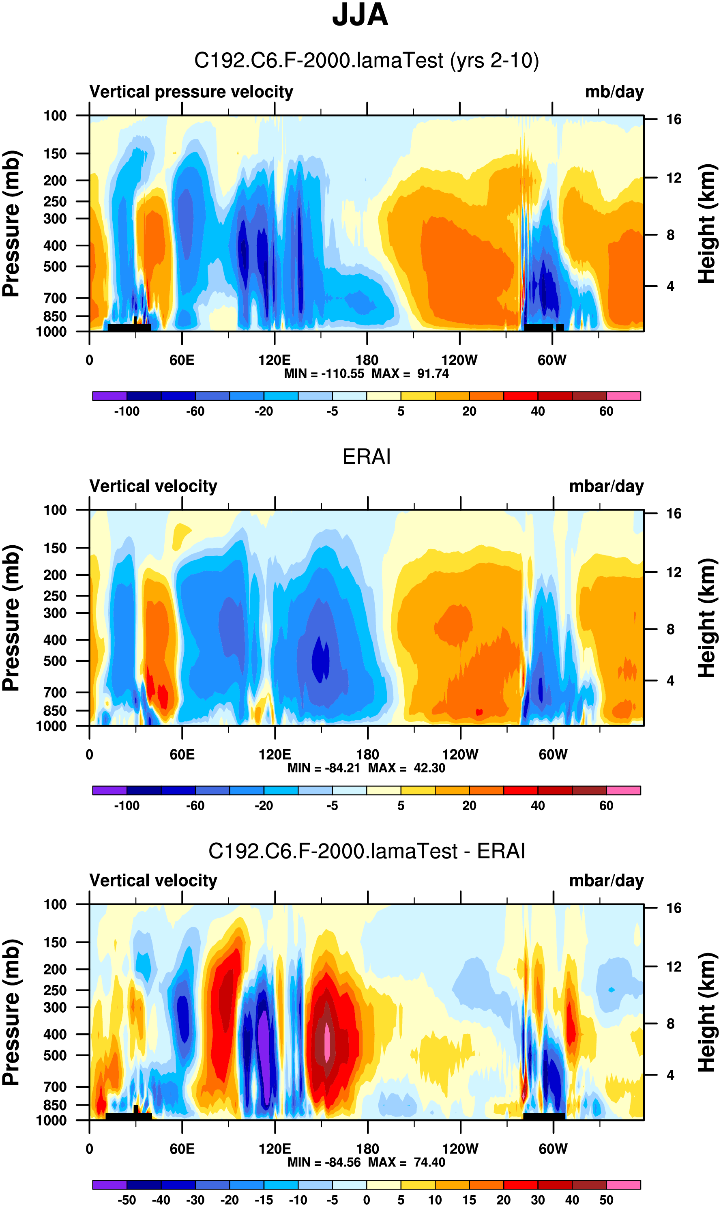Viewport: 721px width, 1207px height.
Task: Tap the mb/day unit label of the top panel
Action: [614, 92]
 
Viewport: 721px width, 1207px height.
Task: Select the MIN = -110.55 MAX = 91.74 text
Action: [366, 374]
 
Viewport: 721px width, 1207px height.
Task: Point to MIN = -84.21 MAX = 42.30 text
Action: [366, 768]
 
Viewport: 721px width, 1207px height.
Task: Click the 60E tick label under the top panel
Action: [182, 360]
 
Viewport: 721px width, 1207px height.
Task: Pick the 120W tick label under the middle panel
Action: [459, 755]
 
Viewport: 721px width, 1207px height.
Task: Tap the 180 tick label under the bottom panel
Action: [367, 1149]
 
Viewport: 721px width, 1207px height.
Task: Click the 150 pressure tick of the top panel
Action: [55, 154]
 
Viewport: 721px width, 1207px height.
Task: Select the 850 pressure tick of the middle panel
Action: [55, 711]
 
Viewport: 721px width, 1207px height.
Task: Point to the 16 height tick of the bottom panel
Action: [674, 908]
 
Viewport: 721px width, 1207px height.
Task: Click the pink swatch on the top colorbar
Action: [623, 396]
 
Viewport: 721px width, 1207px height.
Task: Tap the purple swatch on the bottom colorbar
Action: [109, 1185]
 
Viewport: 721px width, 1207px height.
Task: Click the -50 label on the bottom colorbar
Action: [127, 1200]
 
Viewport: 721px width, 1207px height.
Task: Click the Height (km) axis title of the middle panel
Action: [707, 618]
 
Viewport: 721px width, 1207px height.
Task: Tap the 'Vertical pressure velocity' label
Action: [191, 92]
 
